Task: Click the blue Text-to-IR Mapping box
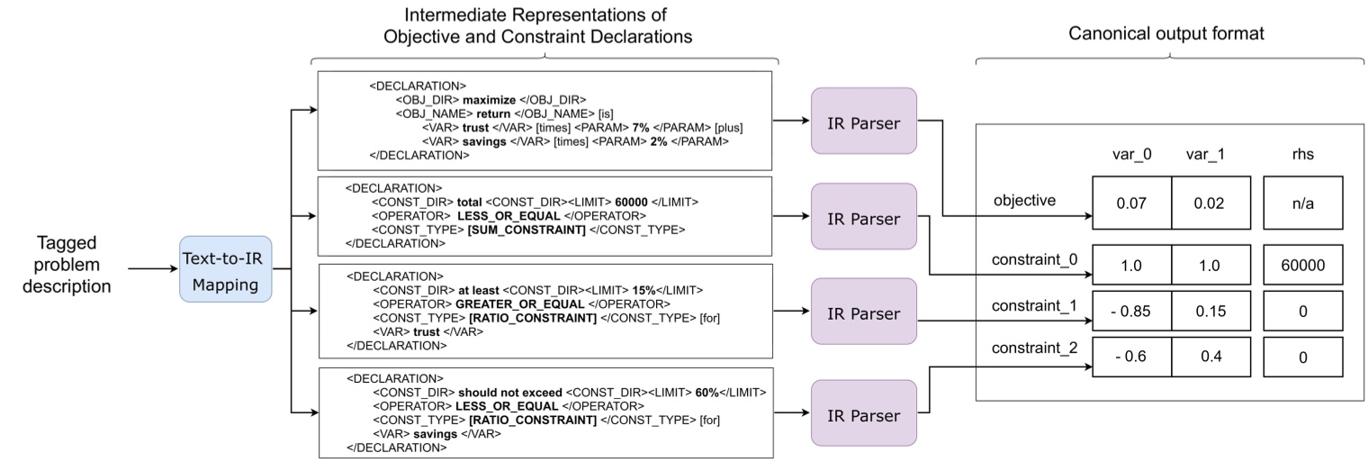tap(225, 269)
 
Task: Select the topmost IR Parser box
tap(864, 121)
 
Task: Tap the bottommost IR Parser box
tap(864, 413)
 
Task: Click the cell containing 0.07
tap(1131, 203)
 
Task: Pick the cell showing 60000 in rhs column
tap(1302, 265)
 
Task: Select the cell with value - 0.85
tap(1131, 311)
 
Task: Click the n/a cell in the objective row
tap(1302, 203)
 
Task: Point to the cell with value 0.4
tap(1211, 357)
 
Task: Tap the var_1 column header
tap(1205, 154)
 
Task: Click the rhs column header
tap(1302, 154)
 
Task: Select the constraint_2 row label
tap(1035, 348)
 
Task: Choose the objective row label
tap(1024, 201)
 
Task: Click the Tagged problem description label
tap(67, 265)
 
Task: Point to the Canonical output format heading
tap(1165, 33)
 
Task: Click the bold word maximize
tap(490, 100)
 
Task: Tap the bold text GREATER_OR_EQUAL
tap(519, 303)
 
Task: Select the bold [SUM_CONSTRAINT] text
tap(526, 230)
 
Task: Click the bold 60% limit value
tap(706, 393)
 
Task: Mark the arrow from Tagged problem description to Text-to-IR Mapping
tap(153, 268)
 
